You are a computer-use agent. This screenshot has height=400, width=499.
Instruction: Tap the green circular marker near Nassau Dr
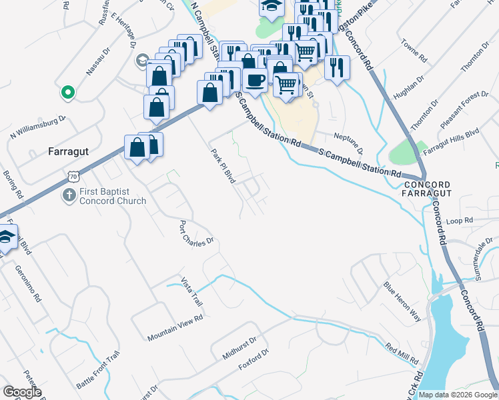[x=67, y=93]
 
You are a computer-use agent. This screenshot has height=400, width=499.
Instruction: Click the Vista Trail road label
[x=191, y=291]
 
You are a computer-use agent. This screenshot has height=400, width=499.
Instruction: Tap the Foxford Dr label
[x=255, y=361]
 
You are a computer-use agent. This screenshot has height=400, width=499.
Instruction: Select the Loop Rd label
[x=459, y=220]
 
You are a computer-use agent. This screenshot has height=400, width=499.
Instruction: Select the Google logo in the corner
[x=22, y=392]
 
